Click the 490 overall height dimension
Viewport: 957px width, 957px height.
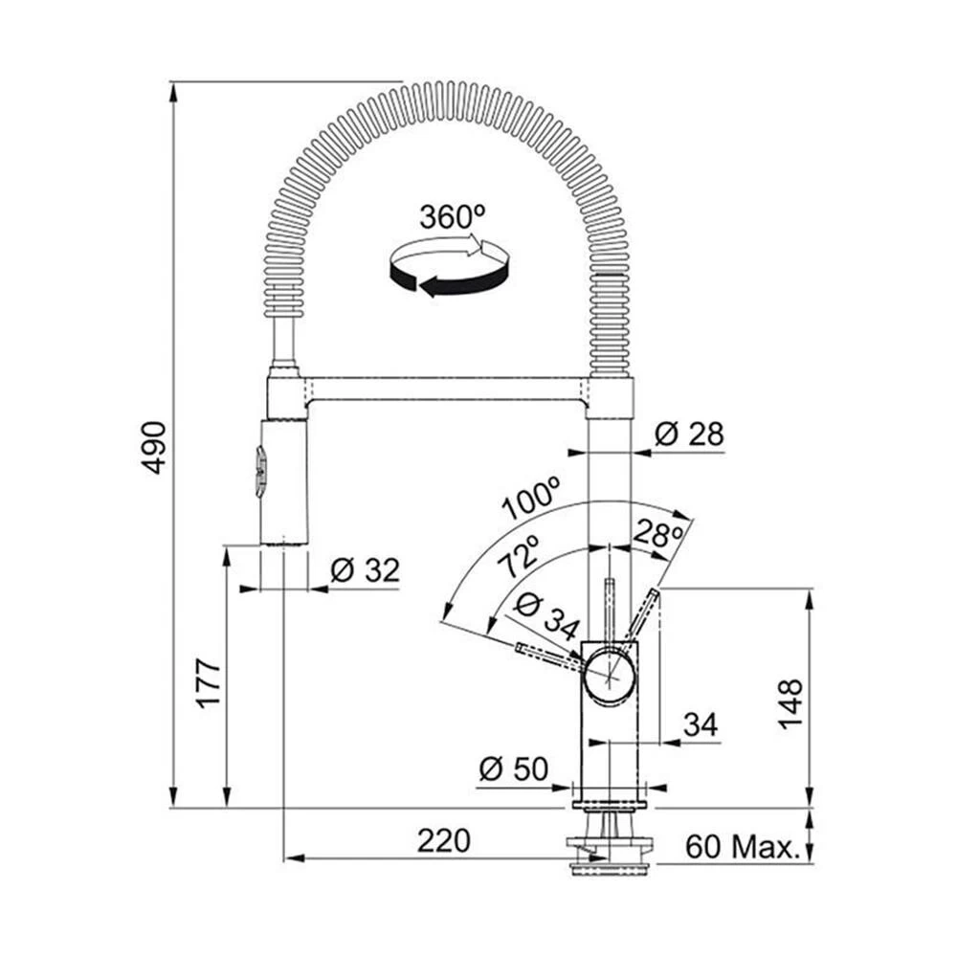(x=154, y=447)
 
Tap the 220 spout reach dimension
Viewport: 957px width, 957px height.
(x=444, y=841)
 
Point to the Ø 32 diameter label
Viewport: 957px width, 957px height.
(x=364, y=571)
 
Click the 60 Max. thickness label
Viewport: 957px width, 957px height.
(x=742, y=846)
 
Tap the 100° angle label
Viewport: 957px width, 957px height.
(x=532, y=499)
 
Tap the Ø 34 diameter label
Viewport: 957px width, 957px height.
(x=545, y=617)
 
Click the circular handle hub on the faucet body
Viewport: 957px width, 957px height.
(x=611, y=676)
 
